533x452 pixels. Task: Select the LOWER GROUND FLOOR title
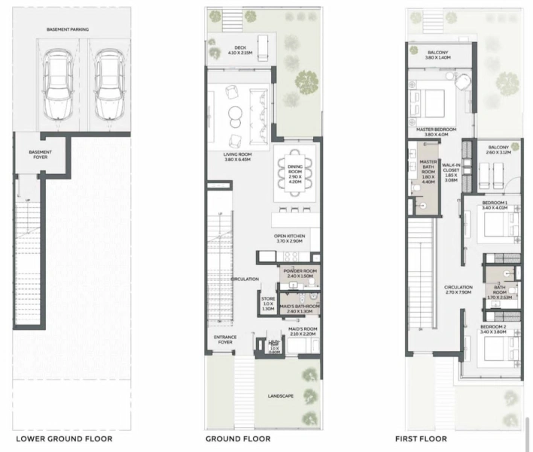[64, 438]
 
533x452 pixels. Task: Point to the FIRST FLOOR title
[421, 438]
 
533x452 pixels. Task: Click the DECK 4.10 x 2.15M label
[242, 50]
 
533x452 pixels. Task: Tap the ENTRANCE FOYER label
[226, 340]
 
